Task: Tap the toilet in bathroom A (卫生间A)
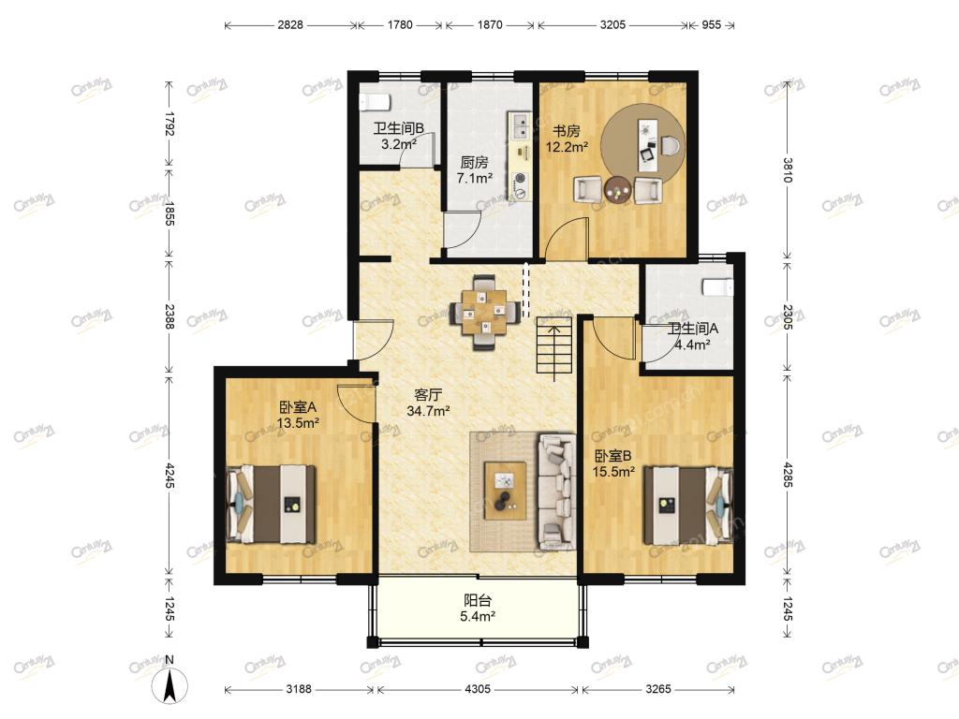(x=716, y=286)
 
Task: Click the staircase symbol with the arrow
(x=554, y=345)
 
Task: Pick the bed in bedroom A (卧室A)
(x=271, y=505)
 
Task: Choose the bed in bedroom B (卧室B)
(x=688, y=505)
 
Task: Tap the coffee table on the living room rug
(x=505, y=491)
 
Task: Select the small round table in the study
(x=617, y=190)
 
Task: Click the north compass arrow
(x=170, y=685)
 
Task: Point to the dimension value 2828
(x=290, y=25)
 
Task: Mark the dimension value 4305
(x=478, y=689)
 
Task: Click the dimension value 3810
(x=787, y=170)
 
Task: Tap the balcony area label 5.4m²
(x=478, y=616)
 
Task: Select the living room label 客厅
(x=428, y=395)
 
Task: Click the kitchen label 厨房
(x=475, y=163)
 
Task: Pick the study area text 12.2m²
(x=567, y=147)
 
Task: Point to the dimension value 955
(x=712, y=25)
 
